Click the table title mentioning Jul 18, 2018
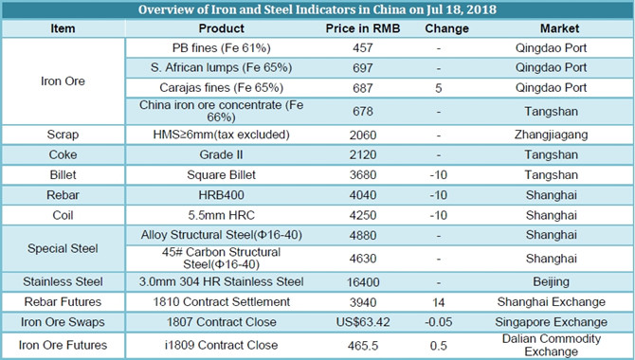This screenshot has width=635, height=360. (x=317, y=9)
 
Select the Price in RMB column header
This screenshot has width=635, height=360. (x=362, y=28)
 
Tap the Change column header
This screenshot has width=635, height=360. (x=446, y=28)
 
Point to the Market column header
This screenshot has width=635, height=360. (x=559, y=28)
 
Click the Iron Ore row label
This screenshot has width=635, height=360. (x=63, y=81)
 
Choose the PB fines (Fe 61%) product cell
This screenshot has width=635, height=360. (x=221, y=47)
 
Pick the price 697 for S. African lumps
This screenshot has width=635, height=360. (x=362, y=67)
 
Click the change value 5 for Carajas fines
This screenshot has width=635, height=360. (x=439, y=88)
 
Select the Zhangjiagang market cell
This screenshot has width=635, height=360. (x=551, y=135)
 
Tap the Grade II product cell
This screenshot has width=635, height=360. (x=221, y=154)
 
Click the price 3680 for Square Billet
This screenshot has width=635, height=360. (x=363, y=175)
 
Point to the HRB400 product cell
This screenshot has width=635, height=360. (x=221, y=195)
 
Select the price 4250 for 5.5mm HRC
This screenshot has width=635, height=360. (x=363, y=215)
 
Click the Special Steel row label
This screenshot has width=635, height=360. (x=63, y=248)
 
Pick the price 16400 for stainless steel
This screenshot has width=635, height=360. (x=363, y=282)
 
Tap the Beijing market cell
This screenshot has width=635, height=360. (x=551, y=281)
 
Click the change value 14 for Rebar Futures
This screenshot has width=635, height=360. (x=439, y=302)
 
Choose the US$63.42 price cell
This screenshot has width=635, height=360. (x=363, y=322)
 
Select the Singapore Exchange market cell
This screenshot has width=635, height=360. (x=551, y=322)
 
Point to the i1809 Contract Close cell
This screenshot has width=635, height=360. (x=221, y=345)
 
